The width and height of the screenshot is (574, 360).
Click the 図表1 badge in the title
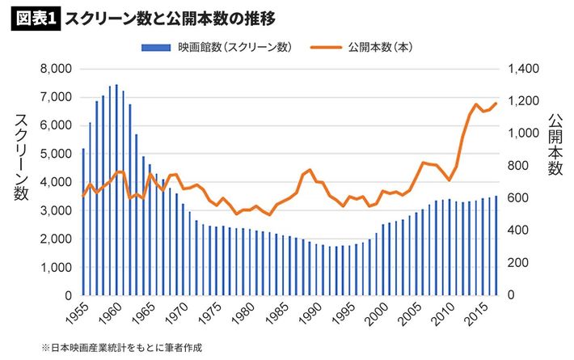pyautogui.click(x=33, y=18)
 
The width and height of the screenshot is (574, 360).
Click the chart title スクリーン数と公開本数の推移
pyautogui.click(x=170, y=18)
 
